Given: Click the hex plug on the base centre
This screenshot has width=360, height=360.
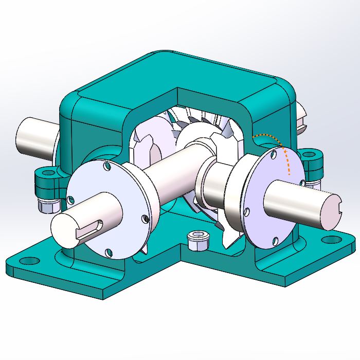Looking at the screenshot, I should [197, 238].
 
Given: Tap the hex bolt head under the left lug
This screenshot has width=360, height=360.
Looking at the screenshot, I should [47, 205].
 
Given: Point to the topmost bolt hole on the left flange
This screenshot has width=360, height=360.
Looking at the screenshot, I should [106, 166].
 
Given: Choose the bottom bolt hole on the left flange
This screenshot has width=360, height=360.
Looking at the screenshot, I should [109, 251].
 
